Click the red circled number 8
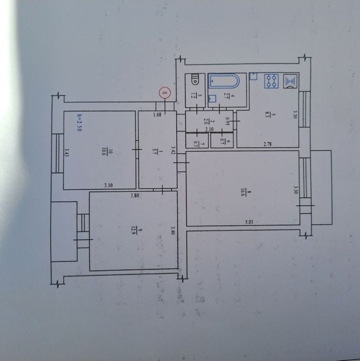[164, 93]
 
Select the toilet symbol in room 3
[195, 80]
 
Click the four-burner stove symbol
[271, 81]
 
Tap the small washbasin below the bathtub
[212, 98]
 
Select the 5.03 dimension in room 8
[249, 222]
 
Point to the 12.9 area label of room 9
[133, 230]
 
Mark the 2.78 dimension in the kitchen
[267, 144]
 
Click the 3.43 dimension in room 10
[67, 153]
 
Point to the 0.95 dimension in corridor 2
[227, 122]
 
